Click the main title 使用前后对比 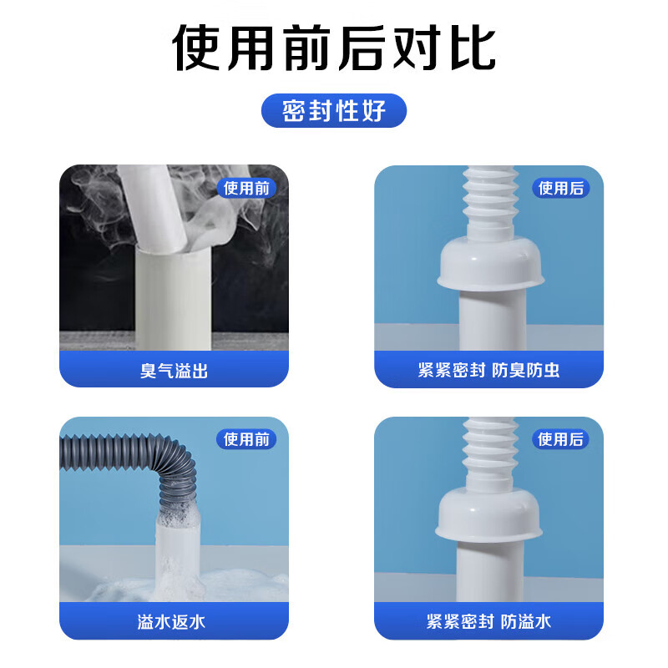[x=334, y=48]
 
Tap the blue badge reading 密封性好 [x=334, y=111]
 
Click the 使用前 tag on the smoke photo [x=246, y=188]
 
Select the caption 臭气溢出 [x=174, y=371]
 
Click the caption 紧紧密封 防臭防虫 [x=488, y=370]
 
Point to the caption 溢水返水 [x=171, y=622]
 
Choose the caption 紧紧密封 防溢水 [x=488, y=621]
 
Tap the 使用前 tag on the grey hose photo [x=246, y=439]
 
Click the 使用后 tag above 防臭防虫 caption [x=561, y=188]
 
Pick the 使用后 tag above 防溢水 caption [x=560, y=439]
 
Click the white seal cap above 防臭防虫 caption [x=491, y=263]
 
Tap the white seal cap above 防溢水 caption [x=488, y=514]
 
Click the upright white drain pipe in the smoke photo [x=174, y=298]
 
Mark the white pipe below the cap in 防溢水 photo [x=490, y=571]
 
